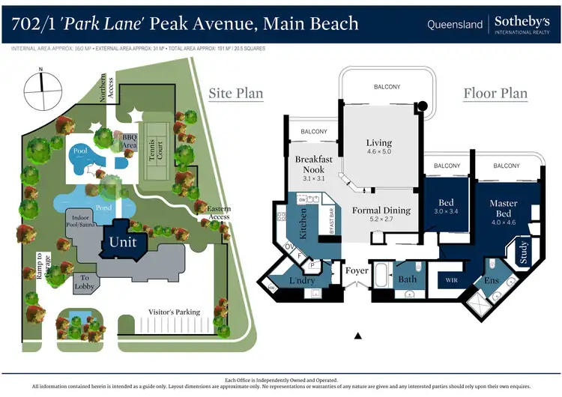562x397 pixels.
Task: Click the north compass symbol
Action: [x=41, y=88]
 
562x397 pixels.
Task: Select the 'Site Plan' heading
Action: [x=236, y=94]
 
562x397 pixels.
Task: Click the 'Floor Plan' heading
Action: [x=495, y=94]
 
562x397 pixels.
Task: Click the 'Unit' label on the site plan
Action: [x=123, y=242]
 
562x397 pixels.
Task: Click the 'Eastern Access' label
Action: [x=214, y=212]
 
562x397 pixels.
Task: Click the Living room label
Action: [x=378, y=147]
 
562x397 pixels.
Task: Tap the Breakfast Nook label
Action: [x=313, y=164]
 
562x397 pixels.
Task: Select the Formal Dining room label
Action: [x=381, y=215]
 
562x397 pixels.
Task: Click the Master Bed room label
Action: [x=503, y=207]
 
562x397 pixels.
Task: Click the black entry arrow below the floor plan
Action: [x=358, y=335]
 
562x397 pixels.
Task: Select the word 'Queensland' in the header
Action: [x=455, y=25]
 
